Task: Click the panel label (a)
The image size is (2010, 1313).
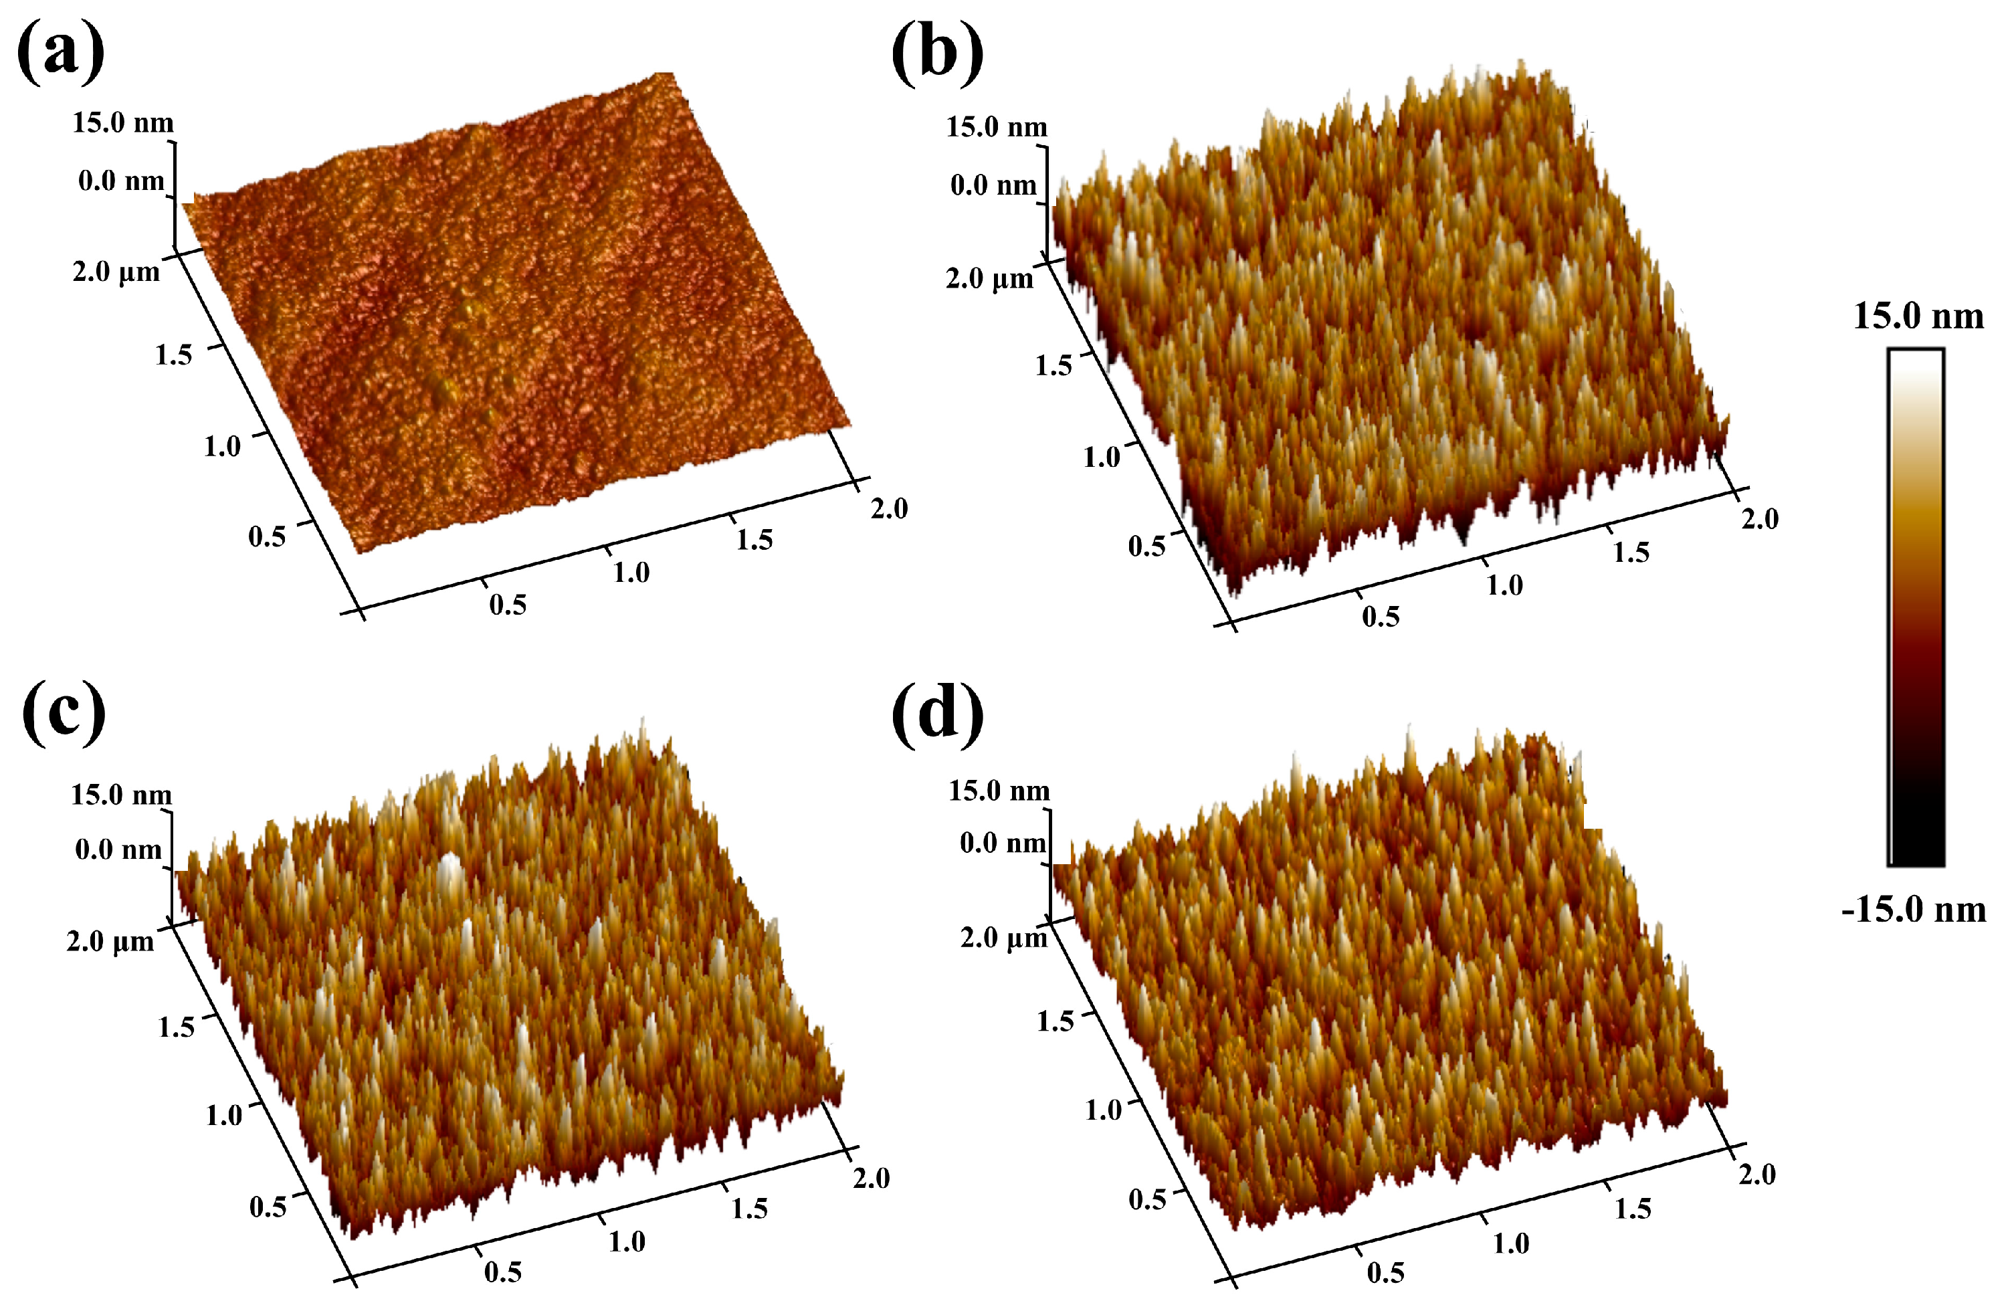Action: (x=61, y=52)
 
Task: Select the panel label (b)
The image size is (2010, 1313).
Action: (x=937, y=54)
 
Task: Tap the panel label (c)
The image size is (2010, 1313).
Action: (x=64, y=714)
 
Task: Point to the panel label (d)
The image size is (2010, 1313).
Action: (x=937, y=714)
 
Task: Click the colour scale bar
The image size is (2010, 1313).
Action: (x=1916, y=607)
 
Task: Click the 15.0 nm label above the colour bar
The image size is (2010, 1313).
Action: (x=1918, y=316)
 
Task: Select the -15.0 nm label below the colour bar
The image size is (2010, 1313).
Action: (x=1914, y=910)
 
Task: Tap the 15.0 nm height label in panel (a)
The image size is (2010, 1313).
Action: (x=123, y=122)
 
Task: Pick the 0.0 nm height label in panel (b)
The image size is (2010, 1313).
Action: (x=993, y=185)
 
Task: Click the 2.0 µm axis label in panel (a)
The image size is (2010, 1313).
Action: (x=116, y=272)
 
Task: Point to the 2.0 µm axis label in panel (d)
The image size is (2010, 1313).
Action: (x=1003, y=937)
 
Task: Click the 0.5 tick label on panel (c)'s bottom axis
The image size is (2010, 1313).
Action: (x=502, y=1272)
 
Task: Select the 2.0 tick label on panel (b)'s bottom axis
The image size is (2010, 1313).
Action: (x=1760, y=518)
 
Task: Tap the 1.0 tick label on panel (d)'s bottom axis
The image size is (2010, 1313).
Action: (x=1510, y=1243)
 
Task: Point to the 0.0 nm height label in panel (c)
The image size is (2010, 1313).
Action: (x=118, y=849)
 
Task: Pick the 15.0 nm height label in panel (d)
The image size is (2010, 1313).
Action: (x=999, y=791)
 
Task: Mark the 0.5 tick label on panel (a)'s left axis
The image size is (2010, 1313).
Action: (x=267, y=536)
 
